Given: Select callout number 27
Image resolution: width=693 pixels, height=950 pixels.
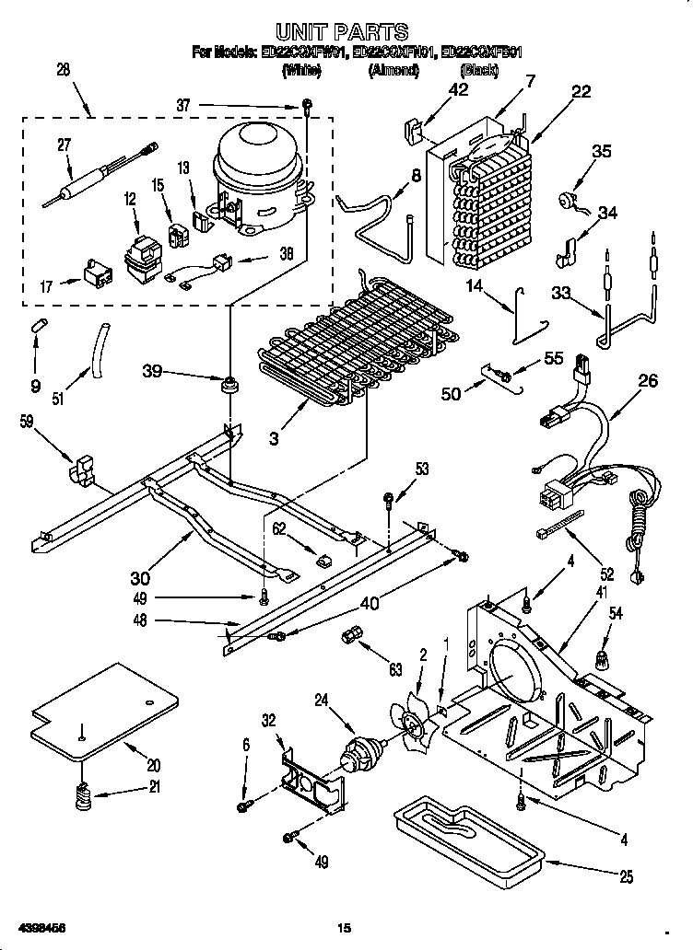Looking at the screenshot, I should point(65,145).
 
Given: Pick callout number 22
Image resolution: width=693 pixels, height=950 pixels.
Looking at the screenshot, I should point(580,91).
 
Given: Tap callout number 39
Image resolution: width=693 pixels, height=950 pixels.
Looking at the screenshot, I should point(153,371).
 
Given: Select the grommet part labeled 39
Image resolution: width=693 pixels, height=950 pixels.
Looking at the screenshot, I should point(227,384).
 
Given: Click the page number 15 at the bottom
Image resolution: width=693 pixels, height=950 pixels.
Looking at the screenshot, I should point(345,927).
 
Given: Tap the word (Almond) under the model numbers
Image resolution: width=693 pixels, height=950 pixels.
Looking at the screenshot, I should point(393,70).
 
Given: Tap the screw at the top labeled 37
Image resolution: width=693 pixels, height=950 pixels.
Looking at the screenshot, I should point(307,107).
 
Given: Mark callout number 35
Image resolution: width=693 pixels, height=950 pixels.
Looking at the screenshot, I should point(601,153).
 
